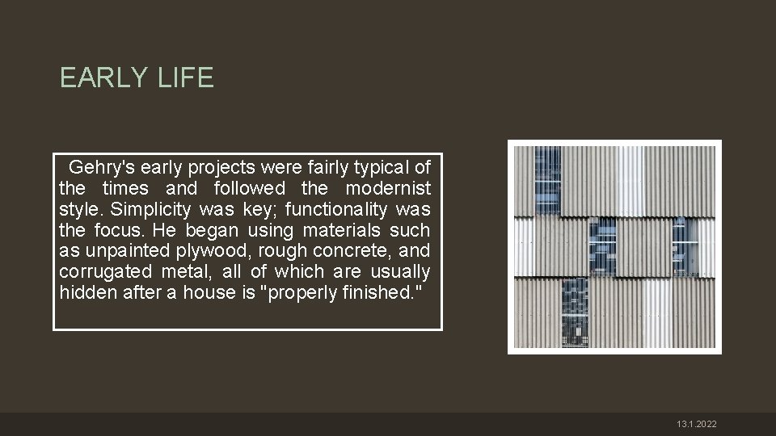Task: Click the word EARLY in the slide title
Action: [x=101, y=78]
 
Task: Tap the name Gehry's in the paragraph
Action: [x=102, y=168]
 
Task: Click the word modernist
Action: [x=388, y=189]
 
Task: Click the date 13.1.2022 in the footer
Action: [x=697, y=425]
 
